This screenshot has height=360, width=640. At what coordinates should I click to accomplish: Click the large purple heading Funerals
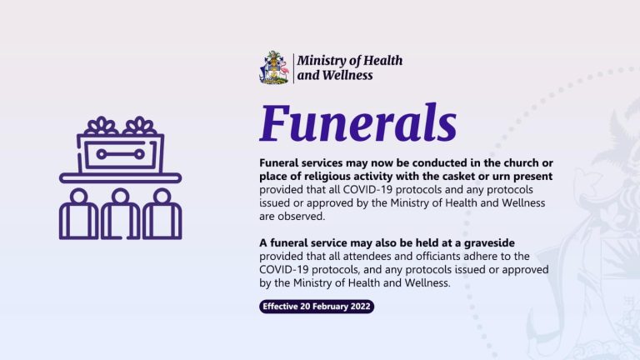pos(358,122)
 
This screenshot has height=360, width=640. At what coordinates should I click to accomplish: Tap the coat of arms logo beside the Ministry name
pos(274,67)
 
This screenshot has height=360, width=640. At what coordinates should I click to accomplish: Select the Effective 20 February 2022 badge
pos(317,307)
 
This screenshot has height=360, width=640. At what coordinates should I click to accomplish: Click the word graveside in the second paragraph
pos(489,243)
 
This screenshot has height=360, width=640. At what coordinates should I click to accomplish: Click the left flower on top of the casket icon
pos(101,126)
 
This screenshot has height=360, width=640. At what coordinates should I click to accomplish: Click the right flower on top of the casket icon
pos(140,126)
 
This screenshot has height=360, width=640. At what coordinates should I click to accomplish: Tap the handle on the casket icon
pos(120,154)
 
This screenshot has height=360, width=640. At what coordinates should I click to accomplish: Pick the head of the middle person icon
pos(120,197)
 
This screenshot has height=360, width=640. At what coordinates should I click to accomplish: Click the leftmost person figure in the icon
pos(79,214)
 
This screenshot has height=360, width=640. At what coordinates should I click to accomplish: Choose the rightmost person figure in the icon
pos(162,214)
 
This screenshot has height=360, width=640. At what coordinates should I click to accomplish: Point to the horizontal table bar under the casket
pos(120,178)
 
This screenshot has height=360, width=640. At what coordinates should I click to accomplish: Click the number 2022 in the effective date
pos(360,307)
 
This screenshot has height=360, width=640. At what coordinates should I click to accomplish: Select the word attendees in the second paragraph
pos(364,257)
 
